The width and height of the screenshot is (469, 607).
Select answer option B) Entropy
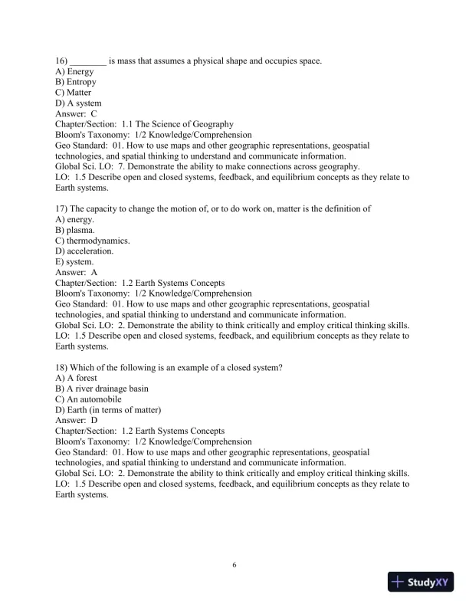(76, 82)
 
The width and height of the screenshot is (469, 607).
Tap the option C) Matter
(74, 93)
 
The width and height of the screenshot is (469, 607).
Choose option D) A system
(78, 103)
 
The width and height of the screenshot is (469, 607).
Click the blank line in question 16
(89, 61)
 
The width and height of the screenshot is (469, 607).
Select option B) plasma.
(75, 230)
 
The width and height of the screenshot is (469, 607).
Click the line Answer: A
(77, 272)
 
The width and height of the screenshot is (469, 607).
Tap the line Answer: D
(77, 420)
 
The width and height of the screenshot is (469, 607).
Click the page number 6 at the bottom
(235, 566)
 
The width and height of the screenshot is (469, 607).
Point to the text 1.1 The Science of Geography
(178, 124)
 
